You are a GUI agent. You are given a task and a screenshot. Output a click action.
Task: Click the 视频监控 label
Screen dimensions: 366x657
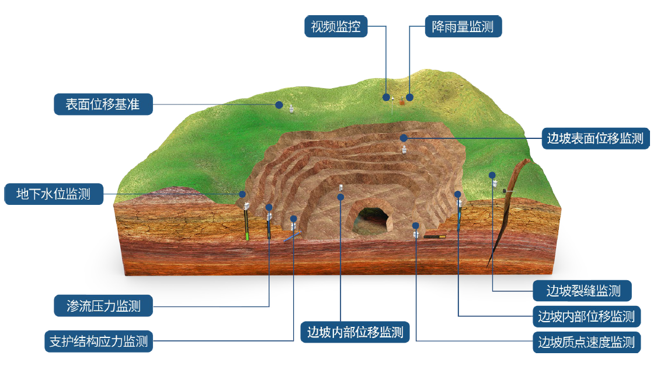(x=336, y=26)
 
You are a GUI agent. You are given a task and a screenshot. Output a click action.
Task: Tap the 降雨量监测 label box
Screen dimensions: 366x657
(x=463, y=26)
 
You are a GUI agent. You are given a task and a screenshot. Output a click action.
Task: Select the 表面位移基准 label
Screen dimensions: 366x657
(x=103, y=104)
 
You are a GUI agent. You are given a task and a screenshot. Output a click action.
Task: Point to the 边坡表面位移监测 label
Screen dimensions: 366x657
(x=595, y=138)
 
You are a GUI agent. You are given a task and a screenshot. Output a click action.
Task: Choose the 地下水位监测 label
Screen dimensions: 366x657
(x=54, y=194)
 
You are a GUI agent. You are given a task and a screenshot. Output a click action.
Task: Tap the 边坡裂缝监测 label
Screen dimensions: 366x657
(x=583, y=290)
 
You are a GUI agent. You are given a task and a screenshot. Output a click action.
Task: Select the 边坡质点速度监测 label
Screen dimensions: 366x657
(x=586, y=342)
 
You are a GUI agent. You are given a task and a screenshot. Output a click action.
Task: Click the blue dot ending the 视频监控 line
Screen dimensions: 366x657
(x=386, y=96)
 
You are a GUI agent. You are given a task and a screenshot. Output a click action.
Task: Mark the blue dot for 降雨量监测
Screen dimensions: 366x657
(x=410, y=97)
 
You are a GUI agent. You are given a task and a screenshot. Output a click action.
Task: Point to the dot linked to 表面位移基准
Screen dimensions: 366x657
(x=279, y=106)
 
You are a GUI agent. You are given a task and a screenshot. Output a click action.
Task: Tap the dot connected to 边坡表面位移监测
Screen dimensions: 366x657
(x=403, y=138)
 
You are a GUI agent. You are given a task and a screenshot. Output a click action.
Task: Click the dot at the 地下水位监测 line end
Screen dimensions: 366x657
(x=242, y=194)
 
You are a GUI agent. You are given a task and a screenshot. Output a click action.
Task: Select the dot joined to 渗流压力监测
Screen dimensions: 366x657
(x=269, y=207)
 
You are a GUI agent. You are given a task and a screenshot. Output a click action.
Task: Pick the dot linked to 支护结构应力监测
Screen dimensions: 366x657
(x=294, y=219)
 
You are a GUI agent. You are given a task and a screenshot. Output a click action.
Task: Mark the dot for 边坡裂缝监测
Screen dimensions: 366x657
(x=492, y=175)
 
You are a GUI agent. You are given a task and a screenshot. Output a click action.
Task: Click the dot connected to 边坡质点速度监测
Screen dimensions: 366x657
(x=416, y=225)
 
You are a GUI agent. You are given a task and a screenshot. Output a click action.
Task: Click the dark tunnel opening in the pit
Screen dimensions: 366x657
(x=371, y=222)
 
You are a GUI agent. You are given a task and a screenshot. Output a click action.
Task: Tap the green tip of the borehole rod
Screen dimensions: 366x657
(x=248, y=236)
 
